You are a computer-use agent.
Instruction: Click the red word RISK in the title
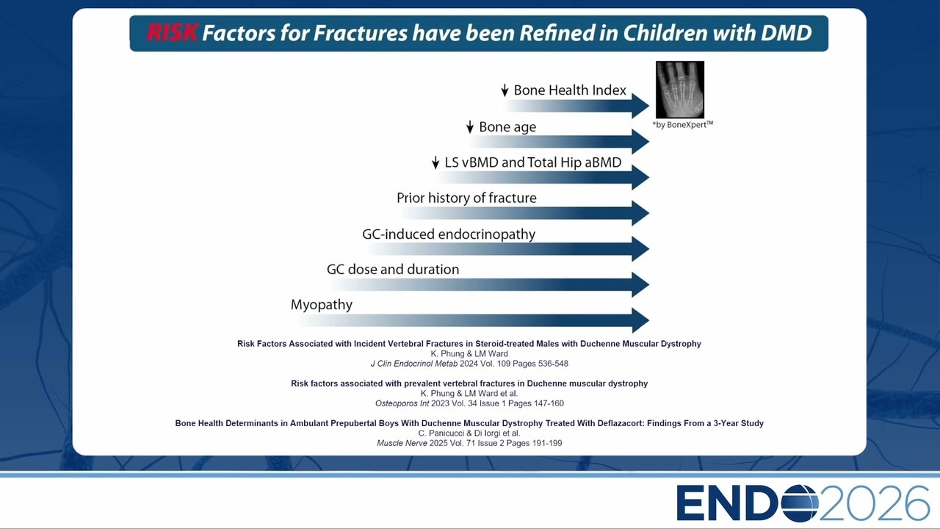(172, 33)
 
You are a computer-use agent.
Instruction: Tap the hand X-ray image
(680, 90)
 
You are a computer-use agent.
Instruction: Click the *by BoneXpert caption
(683, 124)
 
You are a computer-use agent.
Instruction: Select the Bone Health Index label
(570, 90)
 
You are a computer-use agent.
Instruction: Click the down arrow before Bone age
(470, 127)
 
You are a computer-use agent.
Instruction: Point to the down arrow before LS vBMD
(435, 162)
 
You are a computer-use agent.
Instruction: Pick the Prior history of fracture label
(466, 198)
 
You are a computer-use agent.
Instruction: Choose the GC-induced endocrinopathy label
(449, 234)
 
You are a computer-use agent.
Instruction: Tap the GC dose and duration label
(393, 269)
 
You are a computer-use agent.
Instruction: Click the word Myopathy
(322, 305)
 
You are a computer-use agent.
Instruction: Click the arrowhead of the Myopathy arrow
(640, 320)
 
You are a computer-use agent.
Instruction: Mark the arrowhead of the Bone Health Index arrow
(640, 106)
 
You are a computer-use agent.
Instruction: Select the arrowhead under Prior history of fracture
(640, 213)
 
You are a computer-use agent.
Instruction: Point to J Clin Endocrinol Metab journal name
(413, 364)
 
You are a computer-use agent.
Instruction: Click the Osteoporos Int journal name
(402, 403)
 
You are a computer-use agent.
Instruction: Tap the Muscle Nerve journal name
(402, 443)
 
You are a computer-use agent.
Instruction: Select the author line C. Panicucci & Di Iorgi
(469, 433)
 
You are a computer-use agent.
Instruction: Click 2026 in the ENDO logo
(874, 503)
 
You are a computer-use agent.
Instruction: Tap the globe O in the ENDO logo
(800, 503)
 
